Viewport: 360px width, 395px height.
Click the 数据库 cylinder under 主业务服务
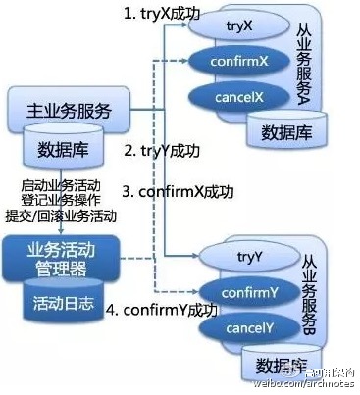pyautogui.click(x=60, y=150)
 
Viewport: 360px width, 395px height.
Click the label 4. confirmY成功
pyautogui.click(x=177, y=311)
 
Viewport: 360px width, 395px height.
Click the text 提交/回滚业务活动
pyautogui.click(x=61, y=216)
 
